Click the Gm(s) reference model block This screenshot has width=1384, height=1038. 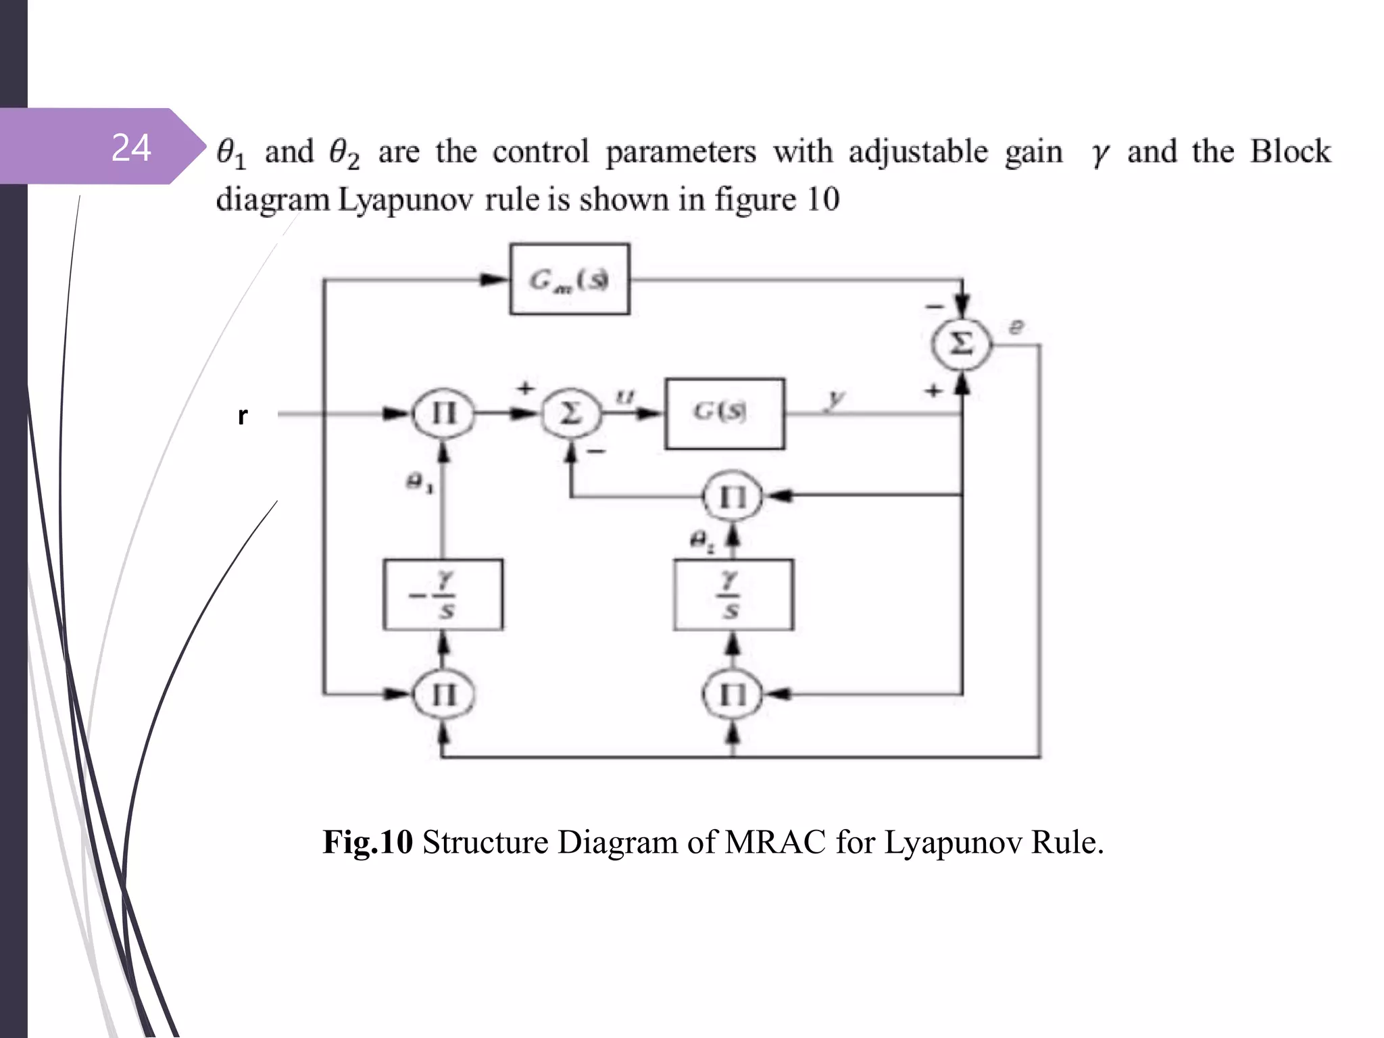tap(570, 279)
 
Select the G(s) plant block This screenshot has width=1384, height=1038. tap(724, 413)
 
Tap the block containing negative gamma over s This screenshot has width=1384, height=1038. tap(443, 595)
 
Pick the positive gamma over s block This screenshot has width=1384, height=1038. tap(733, 595)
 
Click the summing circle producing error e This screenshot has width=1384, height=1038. tap(962, 344)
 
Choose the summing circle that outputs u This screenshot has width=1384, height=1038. tap(571, 413)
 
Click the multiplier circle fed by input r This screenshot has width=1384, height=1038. tap(443, 413)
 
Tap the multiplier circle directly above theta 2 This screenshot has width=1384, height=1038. tap(733, 497)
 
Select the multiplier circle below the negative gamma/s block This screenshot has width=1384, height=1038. tap(443, 694)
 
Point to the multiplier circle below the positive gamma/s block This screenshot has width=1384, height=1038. tap(733, 694)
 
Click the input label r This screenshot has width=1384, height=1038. tap(243, 415)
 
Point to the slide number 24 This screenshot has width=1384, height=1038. tap(131, 147)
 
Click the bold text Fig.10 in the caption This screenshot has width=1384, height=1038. tap(368, 842)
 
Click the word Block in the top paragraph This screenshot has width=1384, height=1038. tap(1290, 151)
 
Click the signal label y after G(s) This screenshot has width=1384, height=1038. tap(836, 398)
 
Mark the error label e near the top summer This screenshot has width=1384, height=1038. tap(1016, 328)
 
